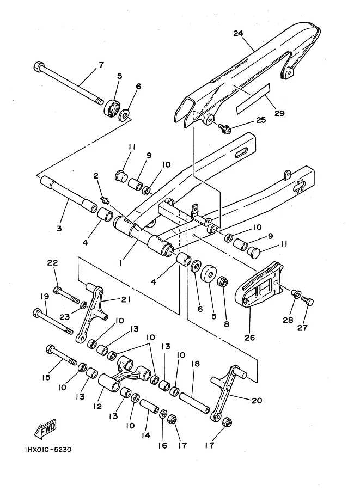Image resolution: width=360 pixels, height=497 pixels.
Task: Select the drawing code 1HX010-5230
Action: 48,450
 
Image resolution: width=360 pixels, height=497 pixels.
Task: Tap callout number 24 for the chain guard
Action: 238,33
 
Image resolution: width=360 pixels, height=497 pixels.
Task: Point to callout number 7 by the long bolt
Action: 101,65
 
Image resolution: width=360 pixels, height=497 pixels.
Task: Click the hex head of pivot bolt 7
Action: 38,66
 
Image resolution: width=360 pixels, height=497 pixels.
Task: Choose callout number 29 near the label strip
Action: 279,113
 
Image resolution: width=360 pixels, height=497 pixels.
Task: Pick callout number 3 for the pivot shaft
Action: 59,228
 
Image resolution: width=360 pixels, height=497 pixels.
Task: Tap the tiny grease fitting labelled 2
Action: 105,200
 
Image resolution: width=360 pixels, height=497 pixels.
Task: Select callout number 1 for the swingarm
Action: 120,263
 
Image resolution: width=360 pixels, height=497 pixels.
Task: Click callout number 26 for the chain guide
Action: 249,338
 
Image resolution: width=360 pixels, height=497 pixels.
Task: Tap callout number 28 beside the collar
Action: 288,320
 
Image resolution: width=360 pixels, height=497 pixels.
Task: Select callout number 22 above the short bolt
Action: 53,263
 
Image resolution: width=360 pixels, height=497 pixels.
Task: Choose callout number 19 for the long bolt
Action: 45,296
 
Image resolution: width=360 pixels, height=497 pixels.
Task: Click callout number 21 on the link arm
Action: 125,299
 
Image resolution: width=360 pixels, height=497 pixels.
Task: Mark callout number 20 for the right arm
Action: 257,400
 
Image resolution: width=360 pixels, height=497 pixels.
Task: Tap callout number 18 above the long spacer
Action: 195,364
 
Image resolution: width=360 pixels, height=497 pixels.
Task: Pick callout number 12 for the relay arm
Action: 97,406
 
